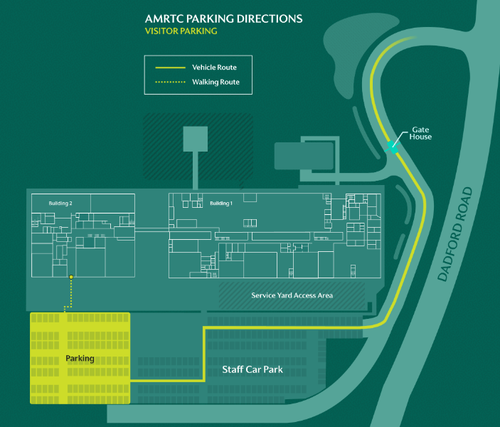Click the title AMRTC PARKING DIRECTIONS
click(x=223, y=19)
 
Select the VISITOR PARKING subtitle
click(x=181, y=31)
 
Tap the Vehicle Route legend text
click(x=214, y=68)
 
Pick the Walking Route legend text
click(x=216, y=83)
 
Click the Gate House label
click(x=421, y=133)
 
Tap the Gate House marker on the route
click(x=392, y=147)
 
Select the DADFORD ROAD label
click(x=455, y=234)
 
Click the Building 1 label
click(x=220, y=204)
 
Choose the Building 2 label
click(x=60, y=204)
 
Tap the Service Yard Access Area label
click(x=292, y=295)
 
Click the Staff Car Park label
click(x=252, y=369)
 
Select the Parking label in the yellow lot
click(x=80, y=358)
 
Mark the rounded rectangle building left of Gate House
click(x=304, y=155)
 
